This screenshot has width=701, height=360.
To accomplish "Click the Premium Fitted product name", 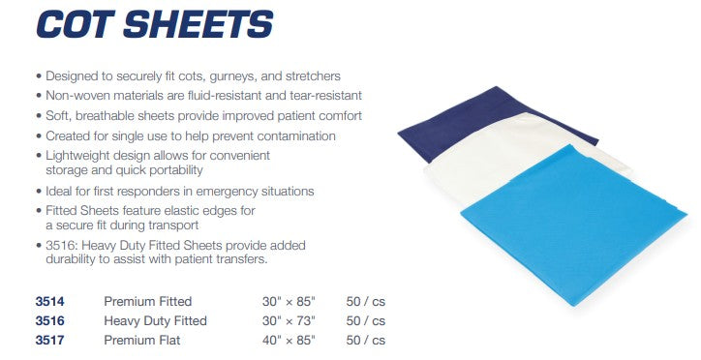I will point(147,302).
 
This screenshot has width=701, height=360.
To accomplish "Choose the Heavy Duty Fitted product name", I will point(155,320).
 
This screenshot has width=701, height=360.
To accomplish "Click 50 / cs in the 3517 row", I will point(365,340).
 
